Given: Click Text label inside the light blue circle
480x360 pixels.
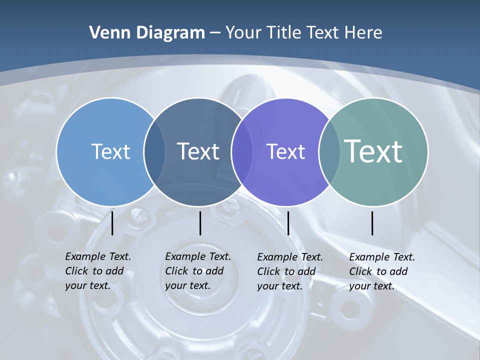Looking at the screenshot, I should [110, 151].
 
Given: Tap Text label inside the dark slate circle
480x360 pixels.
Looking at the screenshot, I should [198, 151].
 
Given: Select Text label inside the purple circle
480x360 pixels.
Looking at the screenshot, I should [285, 151].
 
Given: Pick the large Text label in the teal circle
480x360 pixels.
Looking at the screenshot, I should [373, 151].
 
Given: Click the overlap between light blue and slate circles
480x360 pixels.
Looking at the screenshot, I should [155, 152].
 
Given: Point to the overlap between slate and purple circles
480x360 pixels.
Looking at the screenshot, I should [242, 152].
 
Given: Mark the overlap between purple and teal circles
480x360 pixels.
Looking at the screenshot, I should [329, 152].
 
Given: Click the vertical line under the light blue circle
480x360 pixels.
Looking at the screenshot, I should [112, 222].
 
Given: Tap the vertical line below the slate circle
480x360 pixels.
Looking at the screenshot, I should [200, 222].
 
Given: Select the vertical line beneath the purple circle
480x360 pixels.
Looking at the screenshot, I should [288, 222].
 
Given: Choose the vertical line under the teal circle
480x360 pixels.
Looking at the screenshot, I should [372, 222].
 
